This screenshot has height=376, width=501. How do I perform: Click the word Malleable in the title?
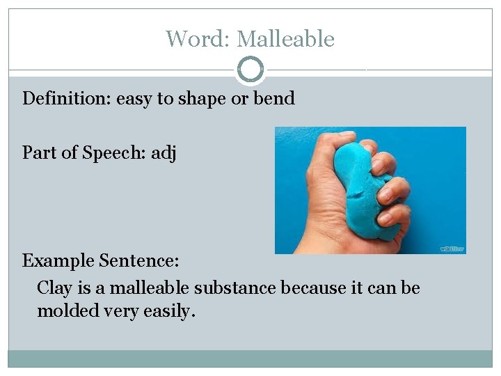286,39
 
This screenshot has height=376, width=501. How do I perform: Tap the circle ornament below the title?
250,70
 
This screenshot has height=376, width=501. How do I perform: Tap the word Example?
60,261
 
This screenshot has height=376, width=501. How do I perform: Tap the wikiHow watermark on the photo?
452,249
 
